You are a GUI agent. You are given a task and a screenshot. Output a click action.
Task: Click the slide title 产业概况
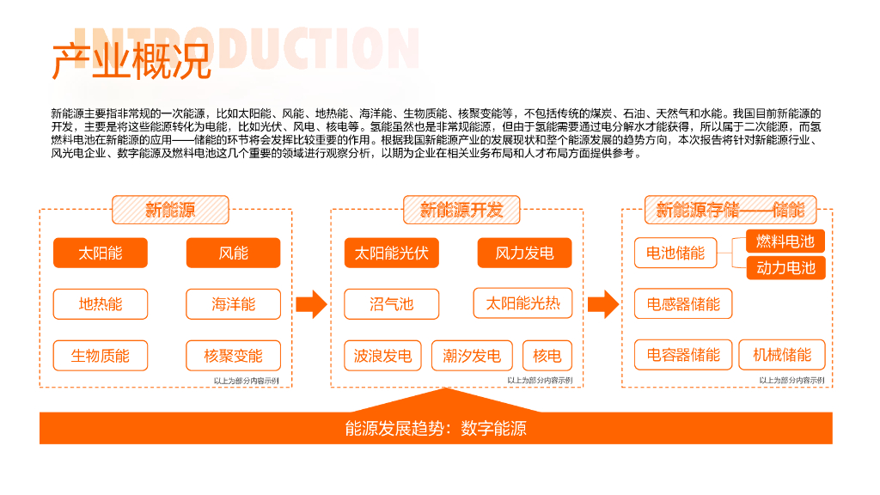(x=131, y=62)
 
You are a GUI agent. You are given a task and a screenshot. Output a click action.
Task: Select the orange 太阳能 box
(x=101, y=253)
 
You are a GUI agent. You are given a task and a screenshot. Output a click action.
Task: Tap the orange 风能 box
(x=233, y=253)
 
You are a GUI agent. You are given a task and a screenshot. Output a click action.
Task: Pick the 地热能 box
(x=101, y=304)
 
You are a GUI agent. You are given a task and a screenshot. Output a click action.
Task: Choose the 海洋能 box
(x=233, y=304)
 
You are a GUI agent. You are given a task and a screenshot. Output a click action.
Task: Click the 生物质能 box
(x=101, y=356)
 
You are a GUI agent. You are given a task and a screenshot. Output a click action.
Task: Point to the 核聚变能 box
(x=233, y=356)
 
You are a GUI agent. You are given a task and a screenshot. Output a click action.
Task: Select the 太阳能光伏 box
(x=391, y=253)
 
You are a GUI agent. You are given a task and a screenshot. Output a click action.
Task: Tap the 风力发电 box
(x=524, y=253)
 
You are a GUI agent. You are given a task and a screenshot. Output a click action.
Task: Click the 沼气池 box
(x=391, y=304)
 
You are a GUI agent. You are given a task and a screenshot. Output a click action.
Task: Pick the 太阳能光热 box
(x=522, y=303)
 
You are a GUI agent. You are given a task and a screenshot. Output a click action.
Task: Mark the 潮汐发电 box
(x=472, y=356)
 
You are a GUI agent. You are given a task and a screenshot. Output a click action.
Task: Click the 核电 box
(x=547, y=356)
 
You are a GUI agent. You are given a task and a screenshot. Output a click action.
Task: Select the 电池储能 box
(x=675, y=253)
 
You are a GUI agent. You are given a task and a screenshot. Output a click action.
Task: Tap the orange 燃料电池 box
(x=785, y=241)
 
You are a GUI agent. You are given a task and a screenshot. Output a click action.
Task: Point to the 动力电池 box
(x=785, y=267)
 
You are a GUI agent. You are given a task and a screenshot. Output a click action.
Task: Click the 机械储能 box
(x=781, y=355)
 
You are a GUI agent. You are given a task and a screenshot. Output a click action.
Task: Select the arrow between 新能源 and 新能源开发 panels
(x=311, y=303)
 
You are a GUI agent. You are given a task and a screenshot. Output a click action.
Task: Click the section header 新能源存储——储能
(x=730, y=210)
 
